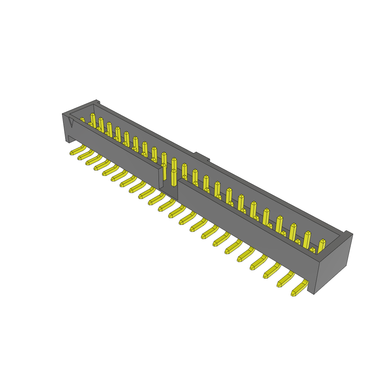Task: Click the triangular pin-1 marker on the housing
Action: [71, 123]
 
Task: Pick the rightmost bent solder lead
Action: [299, 289]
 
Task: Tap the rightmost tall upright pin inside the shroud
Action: [321, 246]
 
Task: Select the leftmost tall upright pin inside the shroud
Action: [93, 120]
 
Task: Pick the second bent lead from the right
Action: [285, 279]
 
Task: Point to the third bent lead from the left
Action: [93, 160]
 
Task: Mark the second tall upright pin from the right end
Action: [307, 239]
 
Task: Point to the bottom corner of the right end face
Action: [314, 293]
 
